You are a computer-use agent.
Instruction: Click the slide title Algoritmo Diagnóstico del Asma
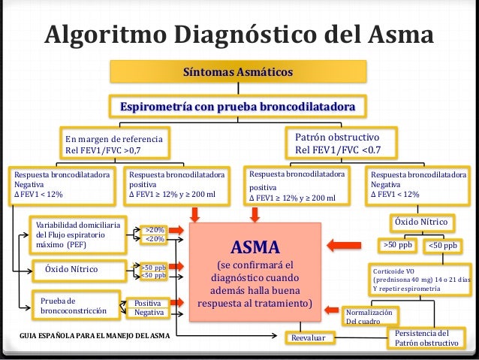pyautogui.click(x=239, y=35)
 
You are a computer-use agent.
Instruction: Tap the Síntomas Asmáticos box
pyautogui.click(x=239, y=72)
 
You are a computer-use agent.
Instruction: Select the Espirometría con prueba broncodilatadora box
pyautogui.click(x=239, y=107)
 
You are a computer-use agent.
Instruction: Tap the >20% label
pyautogui.click(x=154, y=230)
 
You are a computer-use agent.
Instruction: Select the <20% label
pyautogui.click(x=154, y=239)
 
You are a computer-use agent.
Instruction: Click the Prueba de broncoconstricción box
pyautogui.click(x=74, y=305)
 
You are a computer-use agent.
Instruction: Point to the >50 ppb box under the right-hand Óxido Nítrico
pyautogui.click(x=398, y=245)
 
